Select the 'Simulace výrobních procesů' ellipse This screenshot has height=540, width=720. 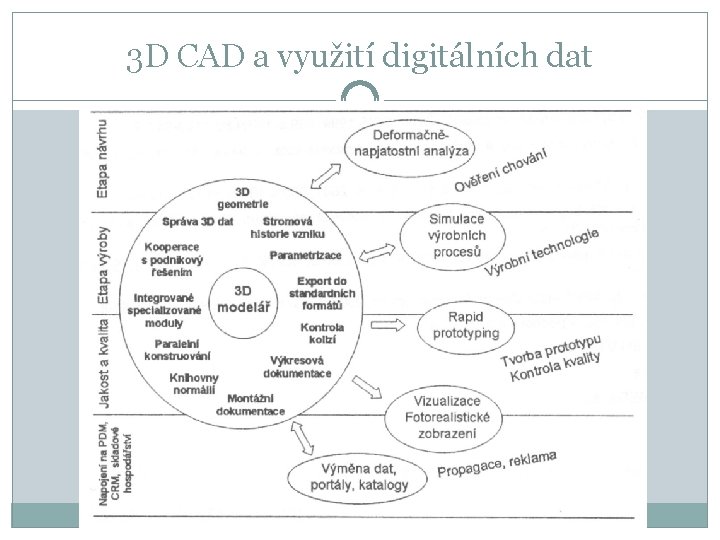[443, 236]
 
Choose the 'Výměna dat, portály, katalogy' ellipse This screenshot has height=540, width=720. [360, 474]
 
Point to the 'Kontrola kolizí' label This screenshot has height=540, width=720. [322, 334]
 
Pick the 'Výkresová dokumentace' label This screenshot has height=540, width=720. [297, 366]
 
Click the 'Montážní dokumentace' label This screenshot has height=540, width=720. [250, 404]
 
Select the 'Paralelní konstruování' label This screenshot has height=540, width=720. [177, 349]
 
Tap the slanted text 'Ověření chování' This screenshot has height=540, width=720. [501, 169]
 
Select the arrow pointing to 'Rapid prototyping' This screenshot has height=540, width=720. [386, 326]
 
